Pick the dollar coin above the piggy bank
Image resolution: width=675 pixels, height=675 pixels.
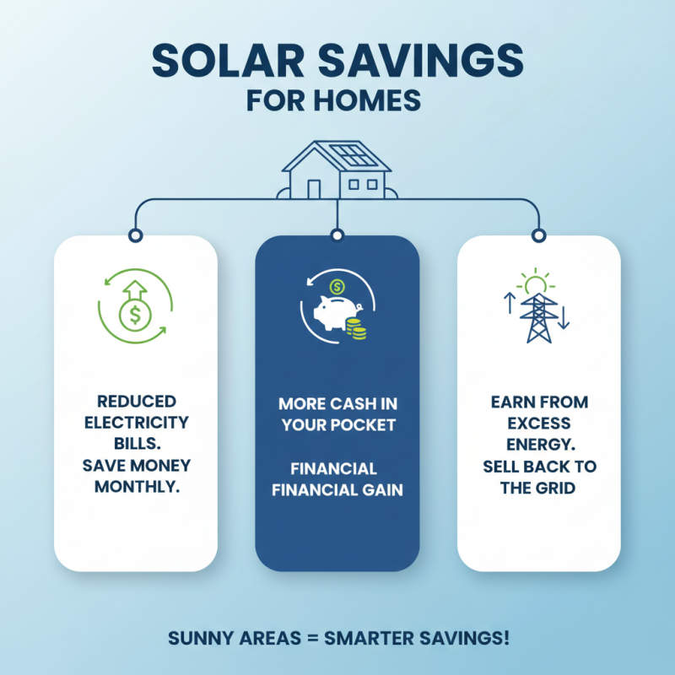(x=337, y=286)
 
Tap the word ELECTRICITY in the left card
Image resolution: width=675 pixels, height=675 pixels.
(x=135, y=422)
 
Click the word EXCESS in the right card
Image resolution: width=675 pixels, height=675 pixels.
(x=540, y=423)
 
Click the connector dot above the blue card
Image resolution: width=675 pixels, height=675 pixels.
(x=337, y=234)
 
